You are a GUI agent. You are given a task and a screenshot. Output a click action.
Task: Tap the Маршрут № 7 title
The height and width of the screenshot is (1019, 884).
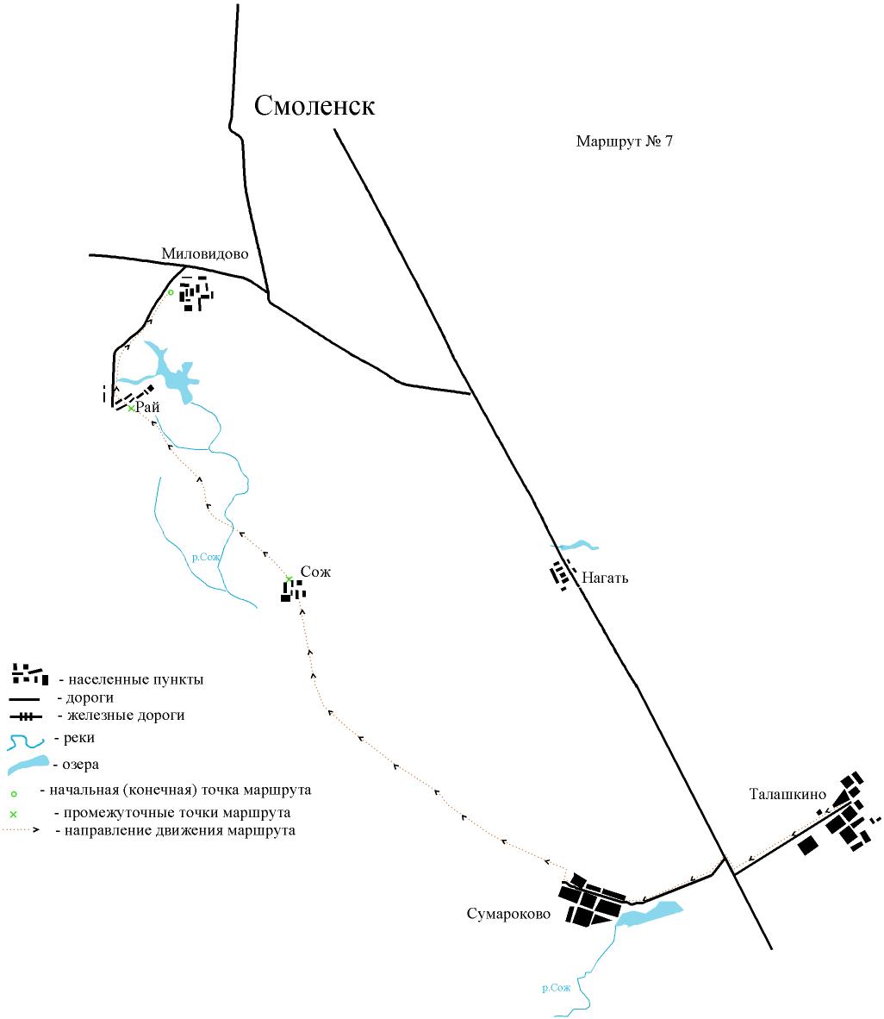624,141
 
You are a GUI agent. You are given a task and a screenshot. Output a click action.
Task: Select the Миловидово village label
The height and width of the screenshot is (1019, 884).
204,254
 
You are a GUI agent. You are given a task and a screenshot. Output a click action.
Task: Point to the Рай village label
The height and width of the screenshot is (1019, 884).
148,408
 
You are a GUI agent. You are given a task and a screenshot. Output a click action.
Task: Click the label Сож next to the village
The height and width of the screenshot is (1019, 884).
315,572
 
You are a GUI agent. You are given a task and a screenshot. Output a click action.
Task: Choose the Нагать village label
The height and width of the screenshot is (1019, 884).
605,578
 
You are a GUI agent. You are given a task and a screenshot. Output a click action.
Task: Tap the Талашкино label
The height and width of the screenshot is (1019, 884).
788,794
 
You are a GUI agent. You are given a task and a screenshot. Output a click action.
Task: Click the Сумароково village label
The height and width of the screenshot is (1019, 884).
508,914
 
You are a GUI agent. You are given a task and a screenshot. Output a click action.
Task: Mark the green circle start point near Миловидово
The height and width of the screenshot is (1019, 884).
171,292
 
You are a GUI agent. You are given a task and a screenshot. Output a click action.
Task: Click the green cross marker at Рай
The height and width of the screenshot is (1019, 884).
131,408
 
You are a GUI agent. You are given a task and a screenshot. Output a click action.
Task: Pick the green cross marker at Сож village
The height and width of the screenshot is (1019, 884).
289,578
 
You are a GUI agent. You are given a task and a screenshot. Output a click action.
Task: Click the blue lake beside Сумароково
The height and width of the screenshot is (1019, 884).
649,914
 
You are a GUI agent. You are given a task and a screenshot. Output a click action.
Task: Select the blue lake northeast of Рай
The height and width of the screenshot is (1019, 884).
174,374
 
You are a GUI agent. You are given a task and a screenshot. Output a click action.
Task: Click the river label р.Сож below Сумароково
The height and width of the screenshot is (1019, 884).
556,988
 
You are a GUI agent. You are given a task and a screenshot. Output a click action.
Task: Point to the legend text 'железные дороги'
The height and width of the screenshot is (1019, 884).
126,716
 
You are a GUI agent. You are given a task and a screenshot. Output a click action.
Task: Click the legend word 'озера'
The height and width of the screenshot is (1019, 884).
80,765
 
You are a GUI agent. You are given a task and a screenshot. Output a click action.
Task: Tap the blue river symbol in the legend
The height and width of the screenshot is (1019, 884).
26,741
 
